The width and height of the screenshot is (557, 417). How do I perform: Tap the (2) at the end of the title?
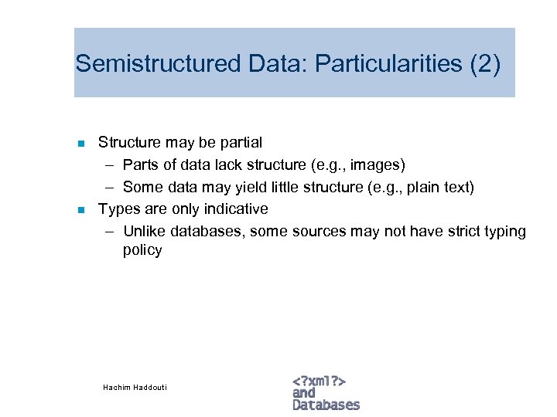(x=485, y=63)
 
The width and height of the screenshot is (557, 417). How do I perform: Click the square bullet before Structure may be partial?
(x=80, y=143)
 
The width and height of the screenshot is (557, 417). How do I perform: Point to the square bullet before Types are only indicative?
(x=80, y=209)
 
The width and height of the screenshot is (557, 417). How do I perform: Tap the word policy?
(x=142, y=250)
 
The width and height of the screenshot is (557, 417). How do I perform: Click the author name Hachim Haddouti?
(x=135, y=387)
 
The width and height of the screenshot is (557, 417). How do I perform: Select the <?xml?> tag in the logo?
(x=319, y=381)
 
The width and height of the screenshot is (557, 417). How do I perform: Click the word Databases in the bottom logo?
(x=326, y=405)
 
